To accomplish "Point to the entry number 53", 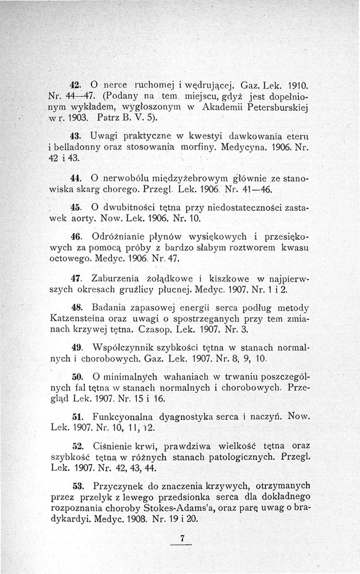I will pyautogui.click(x=76, y=486).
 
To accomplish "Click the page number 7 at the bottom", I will pyautogui.click(x=182, y=538).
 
